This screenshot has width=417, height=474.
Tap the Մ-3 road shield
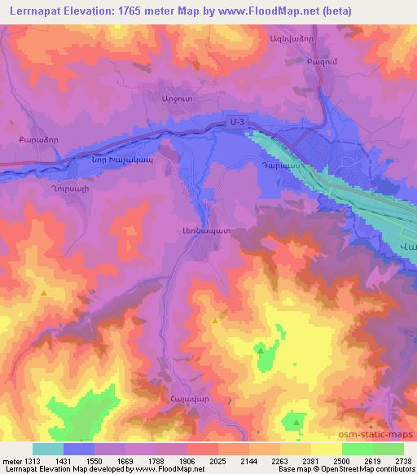[x=236, y=122]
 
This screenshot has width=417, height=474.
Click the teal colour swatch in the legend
[x=48, y=449]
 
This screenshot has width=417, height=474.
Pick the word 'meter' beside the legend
[x=12, y=460]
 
